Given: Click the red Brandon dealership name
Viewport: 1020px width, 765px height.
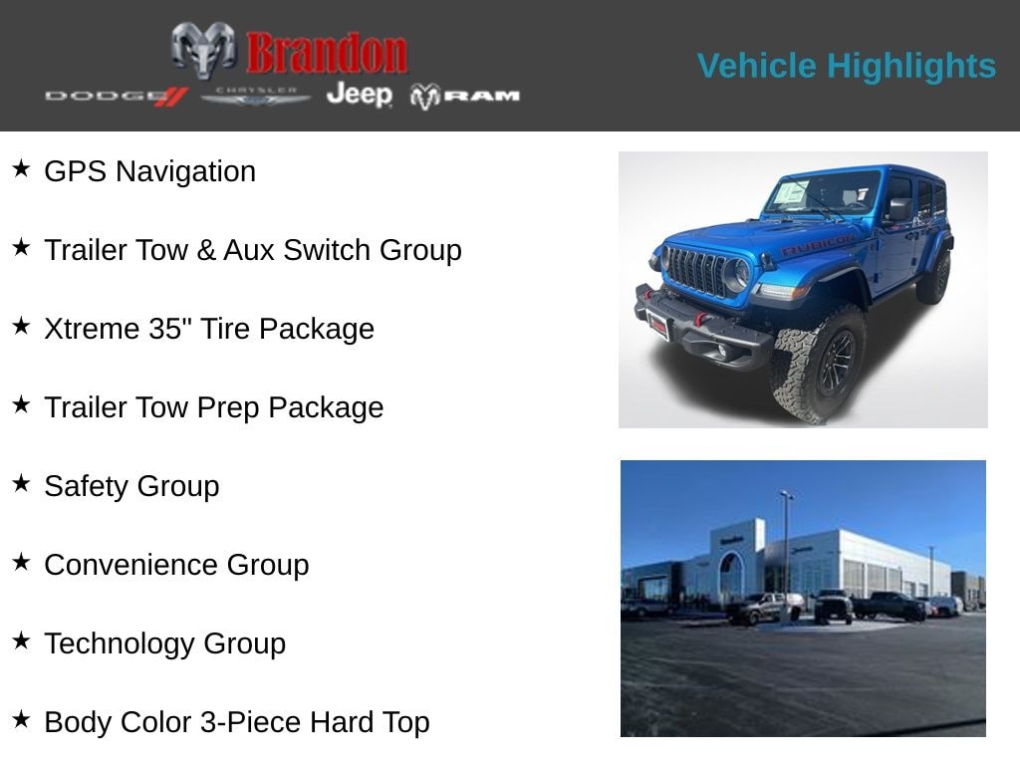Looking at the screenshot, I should (x=326, y=52).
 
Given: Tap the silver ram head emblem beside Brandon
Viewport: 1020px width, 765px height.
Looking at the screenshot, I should (x=203, y=49).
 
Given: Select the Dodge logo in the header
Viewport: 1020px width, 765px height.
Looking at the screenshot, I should (x=116, y=96).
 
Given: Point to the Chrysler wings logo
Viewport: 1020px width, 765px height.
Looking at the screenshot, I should (x=256, y=96).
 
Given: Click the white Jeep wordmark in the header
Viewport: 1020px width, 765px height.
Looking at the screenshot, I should (x=359, y=95).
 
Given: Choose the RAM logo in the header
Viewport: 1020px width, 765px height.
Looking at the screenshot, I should (x=464, y=96).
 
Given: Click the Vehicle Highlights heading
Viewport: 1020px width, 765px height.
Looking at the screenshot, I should (x=846, y=66).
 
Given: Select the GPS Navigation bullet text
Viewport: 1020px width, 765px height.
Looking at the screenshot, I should (x=149, y=171).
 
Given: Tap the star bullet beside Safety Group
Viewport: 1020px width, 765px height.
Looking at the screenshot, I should (x=21, y=483).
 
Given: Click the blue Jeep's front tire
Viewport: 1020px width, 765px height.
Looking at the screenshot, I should (x=818, y=363).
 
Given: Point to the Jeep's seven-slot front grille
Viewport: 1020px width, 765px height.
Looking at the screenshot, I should (x=696, y=271).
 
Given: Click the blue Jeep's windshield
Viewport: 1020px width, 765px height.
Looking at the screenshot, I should (x=821, y=193).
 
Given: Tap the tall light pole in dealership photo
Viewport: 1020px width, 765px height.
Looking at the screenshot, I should (x=786, y=548).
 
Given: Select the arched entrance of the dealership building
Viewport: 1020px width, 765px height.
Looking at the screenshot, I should (x=731, y=575).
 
